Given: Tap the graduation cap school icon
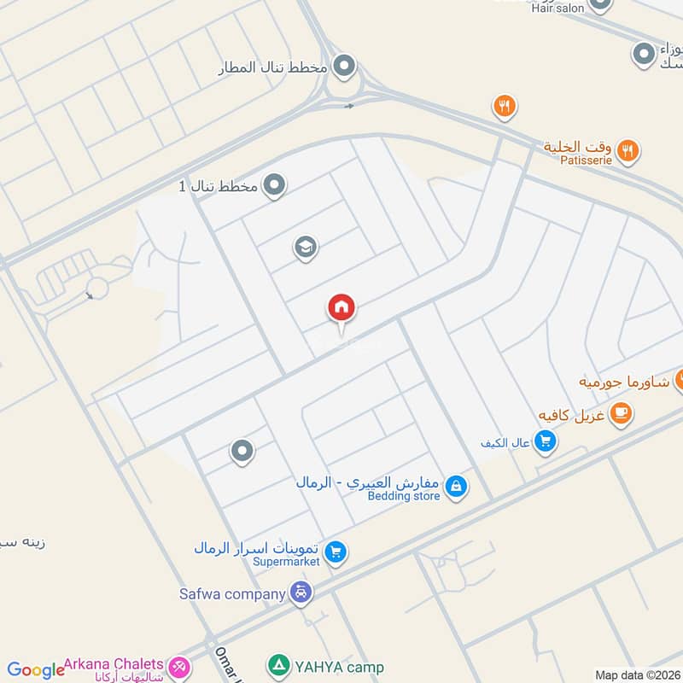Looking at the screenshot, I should (x=305, y=248).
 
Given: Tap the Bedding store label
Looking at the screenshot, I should (x=403, y=496).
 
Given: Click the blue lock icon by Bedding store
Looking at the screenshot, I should (x=456, y=487).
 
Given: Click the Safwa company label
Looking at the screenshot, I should (x=232, y=593).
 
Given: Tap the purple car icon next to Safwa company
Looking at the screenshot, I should (x=301, y=592).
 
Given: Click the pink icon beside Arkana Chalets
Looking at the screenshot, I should (x=179, y=666).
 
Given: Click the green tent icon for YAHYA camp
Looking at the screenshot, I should (x=278, y=664).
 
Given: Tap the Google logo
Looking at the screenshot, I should (x=36, y=670).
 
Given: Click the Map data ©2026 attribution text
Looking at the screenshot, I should (x=638, y=675).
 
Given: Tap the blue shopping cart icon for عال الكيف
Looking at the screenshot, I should (x=545, y=441).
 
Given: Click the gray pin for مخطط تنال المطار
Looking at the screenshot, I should (x=344, y=65).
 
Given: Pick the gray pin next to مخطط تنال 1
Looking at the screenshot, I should (x=274, y=184).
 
